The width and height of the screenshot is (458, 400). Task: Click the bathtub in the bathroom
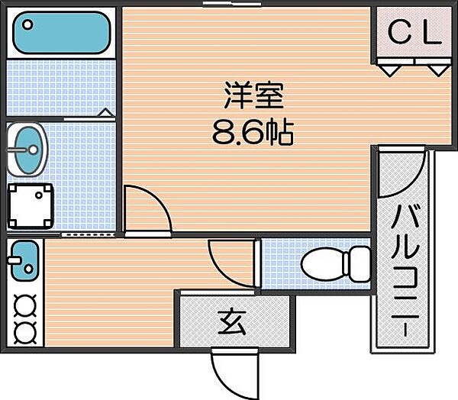(62, 32)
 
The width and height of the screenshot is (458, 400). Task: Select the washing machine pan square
(31, 204)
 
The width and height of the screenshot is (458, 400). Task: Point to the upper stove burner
(25, 305)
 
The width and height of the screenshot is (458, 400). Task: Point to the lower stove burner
(25, 332)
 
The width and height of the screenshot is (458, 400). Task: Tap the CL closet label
(415, 32)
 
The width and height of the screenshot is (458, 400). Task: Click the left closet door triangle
(391, 70)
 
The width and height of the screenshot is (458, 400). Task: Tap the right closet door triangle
(437, 70)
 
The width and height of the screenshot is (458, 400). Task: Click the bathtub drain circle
(27, 24)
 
